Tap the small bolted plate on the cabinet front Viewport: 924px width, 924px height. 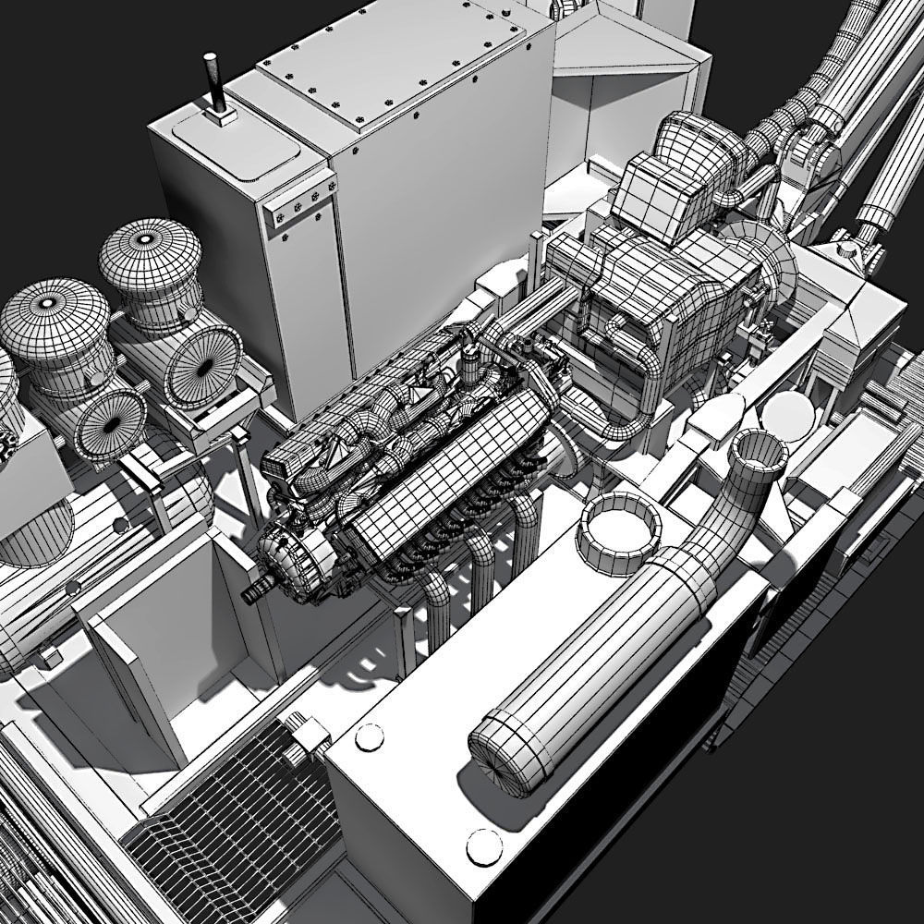click(298, 205)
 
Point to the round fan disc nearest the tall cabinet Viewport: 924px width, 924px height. click(204, 364)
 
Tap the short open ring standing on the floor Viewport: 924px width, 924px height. click(625, 528)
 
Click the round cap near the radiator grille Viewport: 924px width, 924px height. click(370, 736)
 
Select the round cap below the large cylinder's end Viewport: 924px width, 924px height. click(483, 845)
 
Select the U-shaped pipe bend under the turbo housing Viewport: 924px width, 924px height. click(619, 420)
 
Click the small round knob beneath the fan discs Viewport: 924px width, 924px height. click(120, 526)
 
